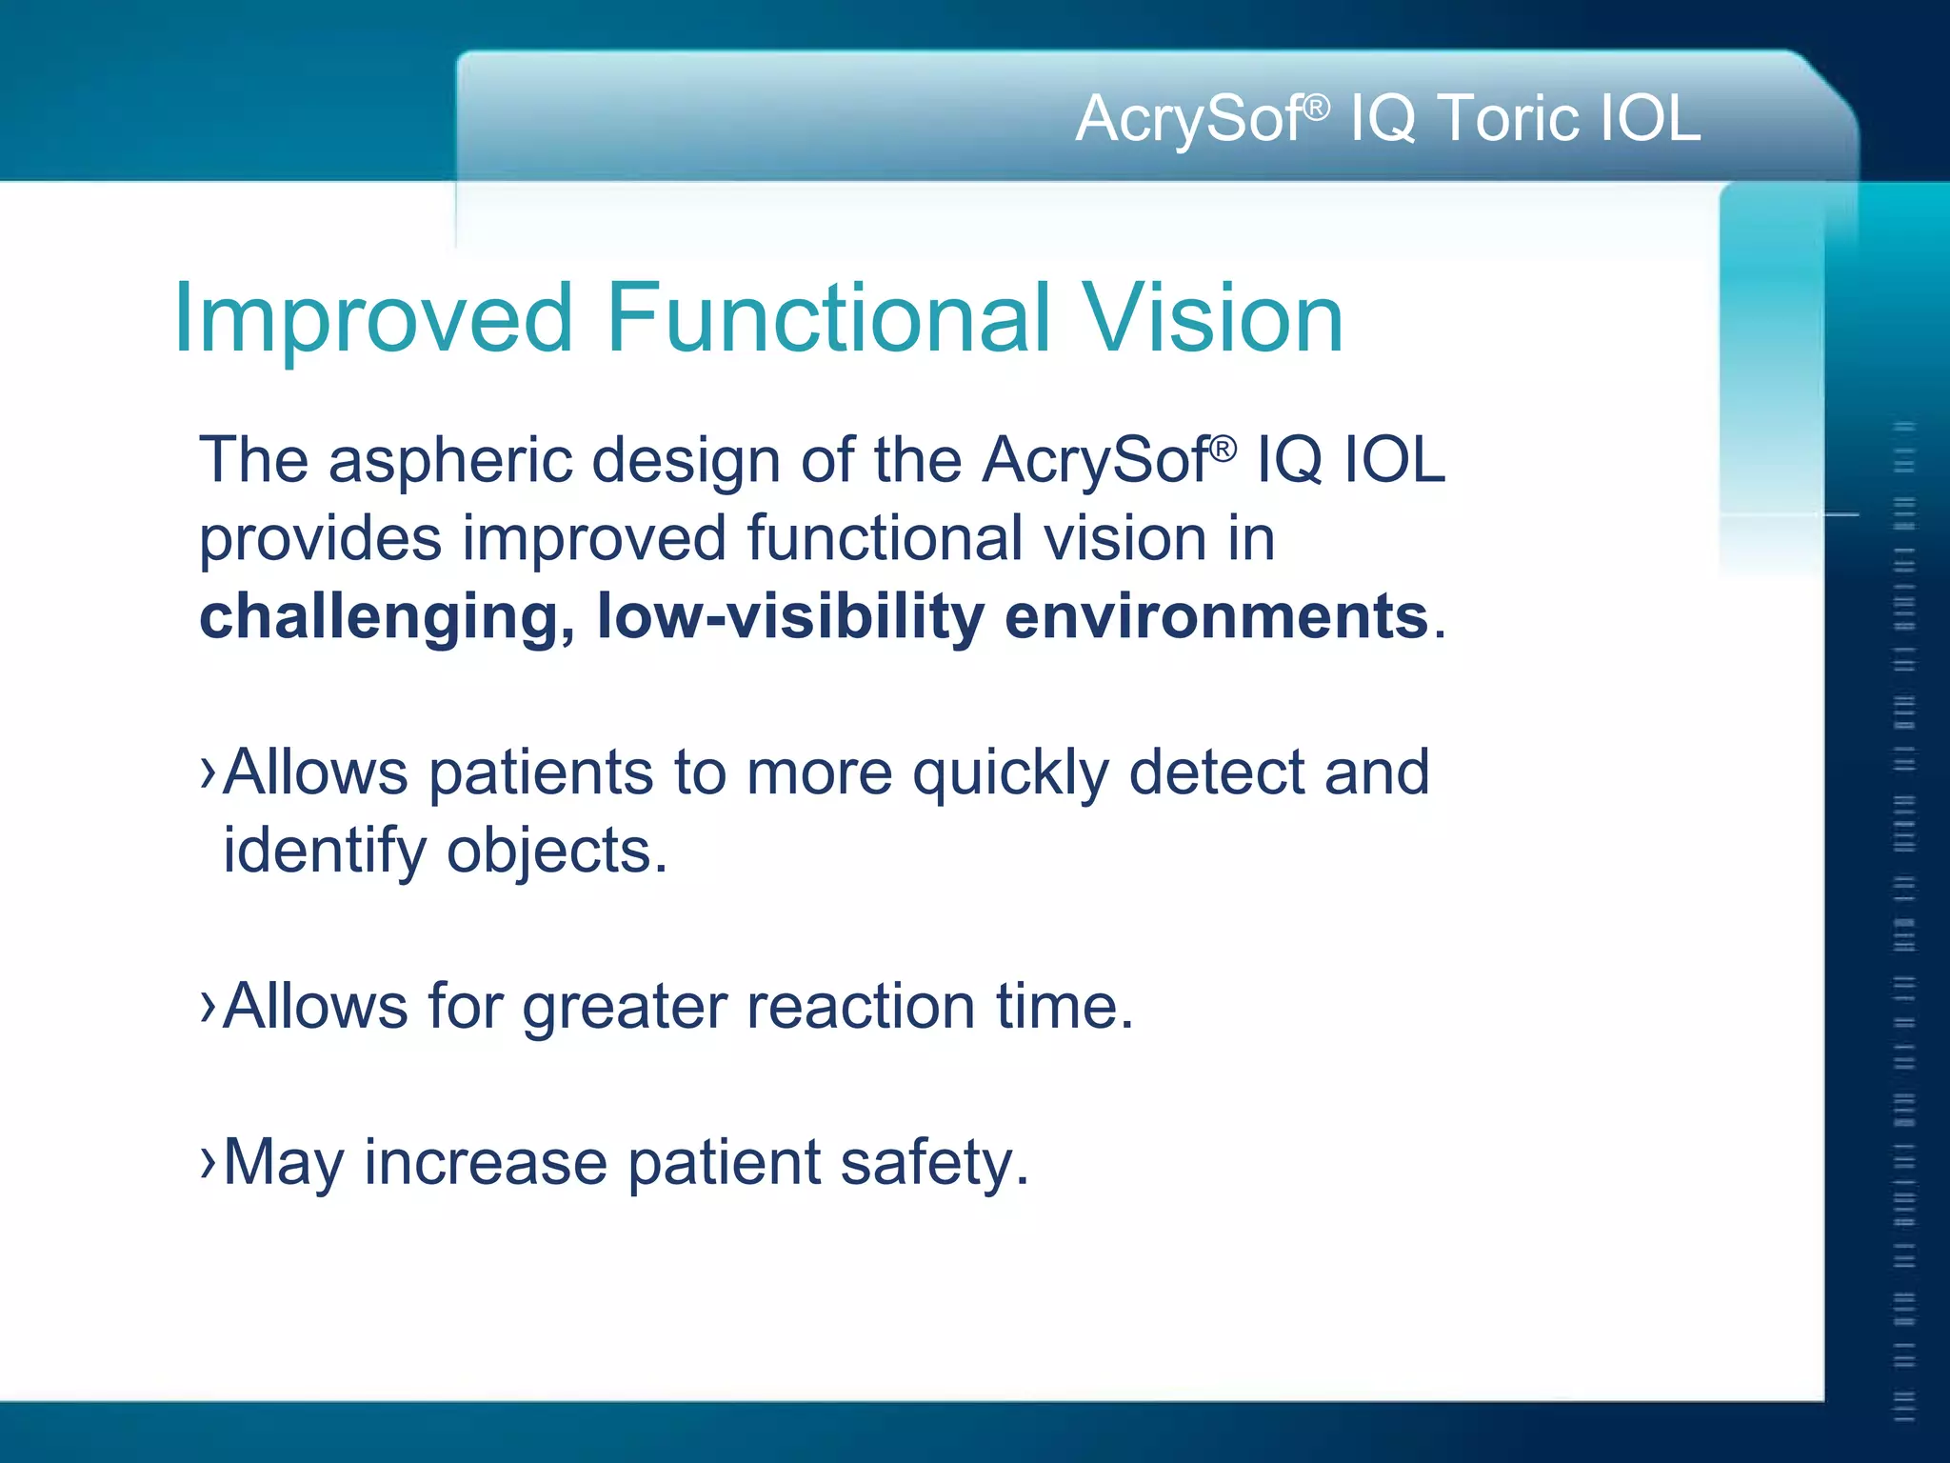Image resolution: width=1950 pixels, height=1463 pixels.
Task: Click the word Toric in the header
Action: [x=1506, y=119]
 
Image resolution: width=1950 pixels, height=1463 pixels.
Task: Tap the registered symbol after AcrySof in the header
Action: [x=1316, y=107]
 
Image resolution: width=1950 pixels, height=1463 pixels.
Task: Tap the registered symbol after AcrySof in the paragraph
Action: [x=1224, y=448]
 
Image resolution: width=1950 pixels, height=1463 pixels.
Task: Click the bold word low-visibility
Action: [x=790, y=616]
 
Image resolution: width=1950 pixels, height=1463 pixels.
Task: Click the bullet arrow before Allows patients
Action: [x=209, y=772]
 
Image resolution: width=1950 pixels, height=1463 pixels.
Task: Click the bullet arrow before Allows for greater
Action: [x=209, y=1006]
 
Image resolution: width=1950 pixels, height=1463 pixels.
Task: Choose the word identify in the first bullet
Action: [x=325, y=852]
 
